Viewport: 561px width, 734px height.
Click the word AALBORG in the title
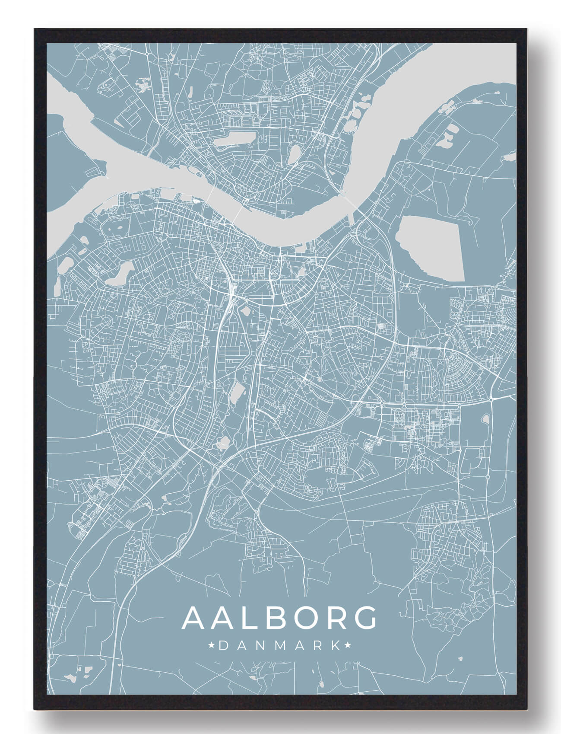click(x=279, y=618)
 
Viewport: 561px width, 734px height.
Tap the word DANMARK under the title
click(x=279, y=646)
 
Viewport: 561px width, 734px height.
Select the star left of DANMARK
click(x=212, y=646)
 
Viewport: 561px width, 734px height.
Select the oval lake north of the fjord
click(x=294, y=153)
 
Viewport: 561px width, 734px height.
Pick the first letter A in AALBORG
click(x=194, y=618)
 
